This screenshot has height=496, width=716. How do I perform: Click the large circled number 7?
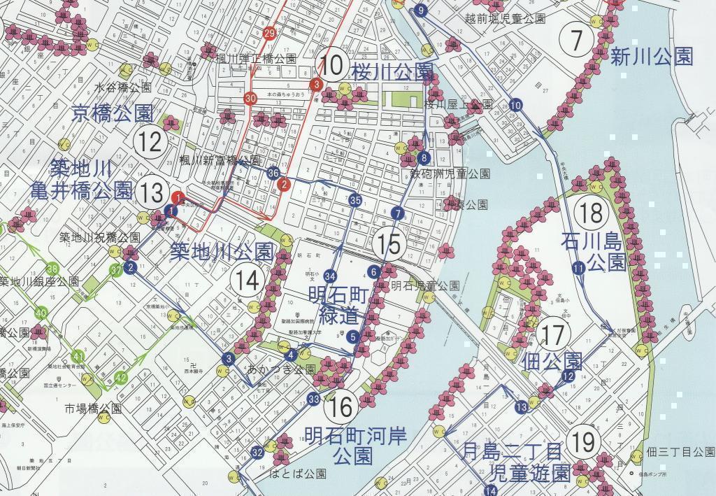(x=577, y=41)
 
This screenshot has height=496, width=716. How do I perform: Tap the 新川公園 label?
(x=652, y=57)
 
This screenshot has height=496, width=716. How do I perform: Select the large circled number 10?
(x=334, y=66)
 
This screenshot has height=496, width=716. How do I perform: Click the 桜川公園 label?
(x=392, y=71)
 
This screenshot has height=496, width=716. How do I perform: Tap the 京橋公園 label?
(x=112, y=113)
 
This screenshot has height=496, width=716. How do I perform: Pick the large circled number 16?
(x=341, y=406)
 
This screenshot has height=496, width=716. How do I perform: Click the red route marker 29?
(x=270, y=33)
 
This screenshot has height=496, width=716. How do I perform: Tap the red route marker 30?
(x=250, y=99)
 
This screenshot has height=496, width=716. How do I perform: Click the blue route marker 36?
(x=273, y=173)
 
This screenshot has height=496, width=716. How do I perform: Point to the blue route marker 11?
(x=578, y=268)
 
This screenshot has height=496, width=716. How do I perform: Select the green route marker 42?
(x=122, y=378)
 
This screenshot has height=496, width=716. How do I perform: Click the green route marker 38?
(x=52, y=269)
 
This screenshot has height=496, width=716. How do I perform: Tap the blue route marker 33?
(x=313, y=399)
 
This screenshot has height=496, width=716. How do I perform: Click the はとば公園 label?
(x=298, y=474)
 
